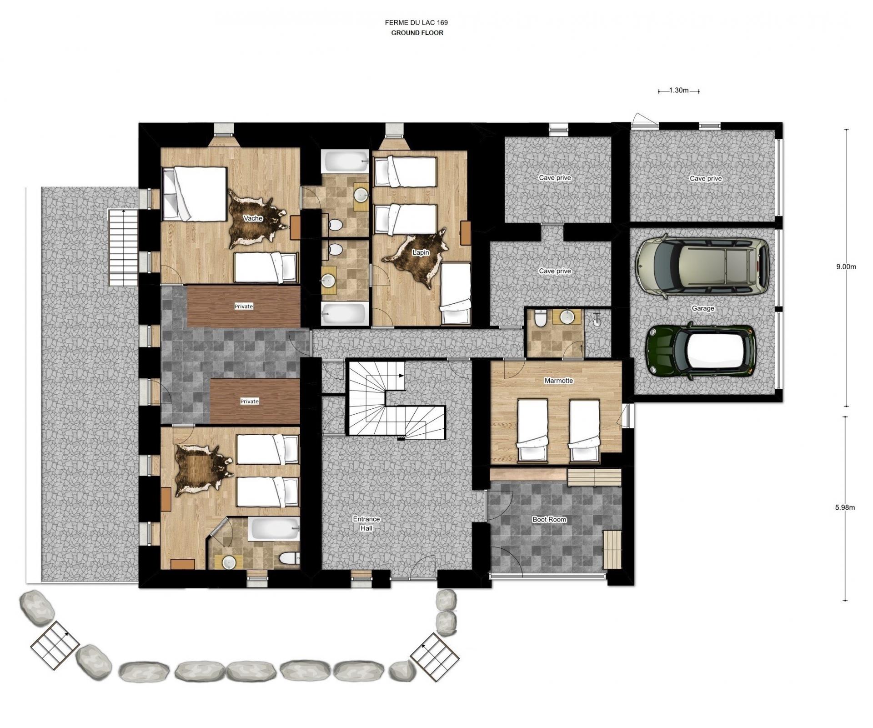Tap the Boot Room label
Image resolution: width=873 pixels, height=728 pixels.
(x=549, y=519)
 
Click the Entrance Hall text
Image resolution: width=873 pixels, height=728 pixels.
(x=366, y=523)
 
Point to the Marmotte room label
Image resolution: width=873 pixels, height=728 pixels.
(x=559, y=381)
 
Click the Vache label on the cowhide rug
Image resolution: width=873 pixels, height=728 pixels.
(x=253, y=218)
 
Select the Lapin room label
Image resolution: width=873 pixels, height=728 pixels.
(x=421, y=252)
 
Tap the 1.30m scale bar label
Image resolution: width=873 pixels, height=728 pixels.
(x=678, y=90)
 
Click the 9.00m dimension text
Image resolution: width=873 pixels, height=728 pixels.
(x=846, y=267)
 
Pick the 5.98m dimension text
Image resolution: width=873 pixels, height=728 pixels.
(x=845, y=507)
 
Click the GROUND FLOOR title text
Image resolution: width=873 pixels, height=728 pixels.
(x=417, y=33)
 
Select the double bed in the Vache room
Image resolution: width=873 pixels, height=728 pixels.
(x=195, y=193)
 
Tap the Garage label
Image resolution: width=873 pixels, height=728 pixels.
(x=702, y=308)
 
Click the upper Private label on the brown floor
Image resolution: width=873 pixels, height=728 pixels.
(x=244, y=306)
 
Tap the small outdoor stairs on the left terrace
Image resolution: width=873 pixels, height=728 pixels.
(x=123, y=247)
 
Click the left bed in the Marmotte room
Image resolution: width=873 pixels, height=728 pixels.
(x=532, y=430)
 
